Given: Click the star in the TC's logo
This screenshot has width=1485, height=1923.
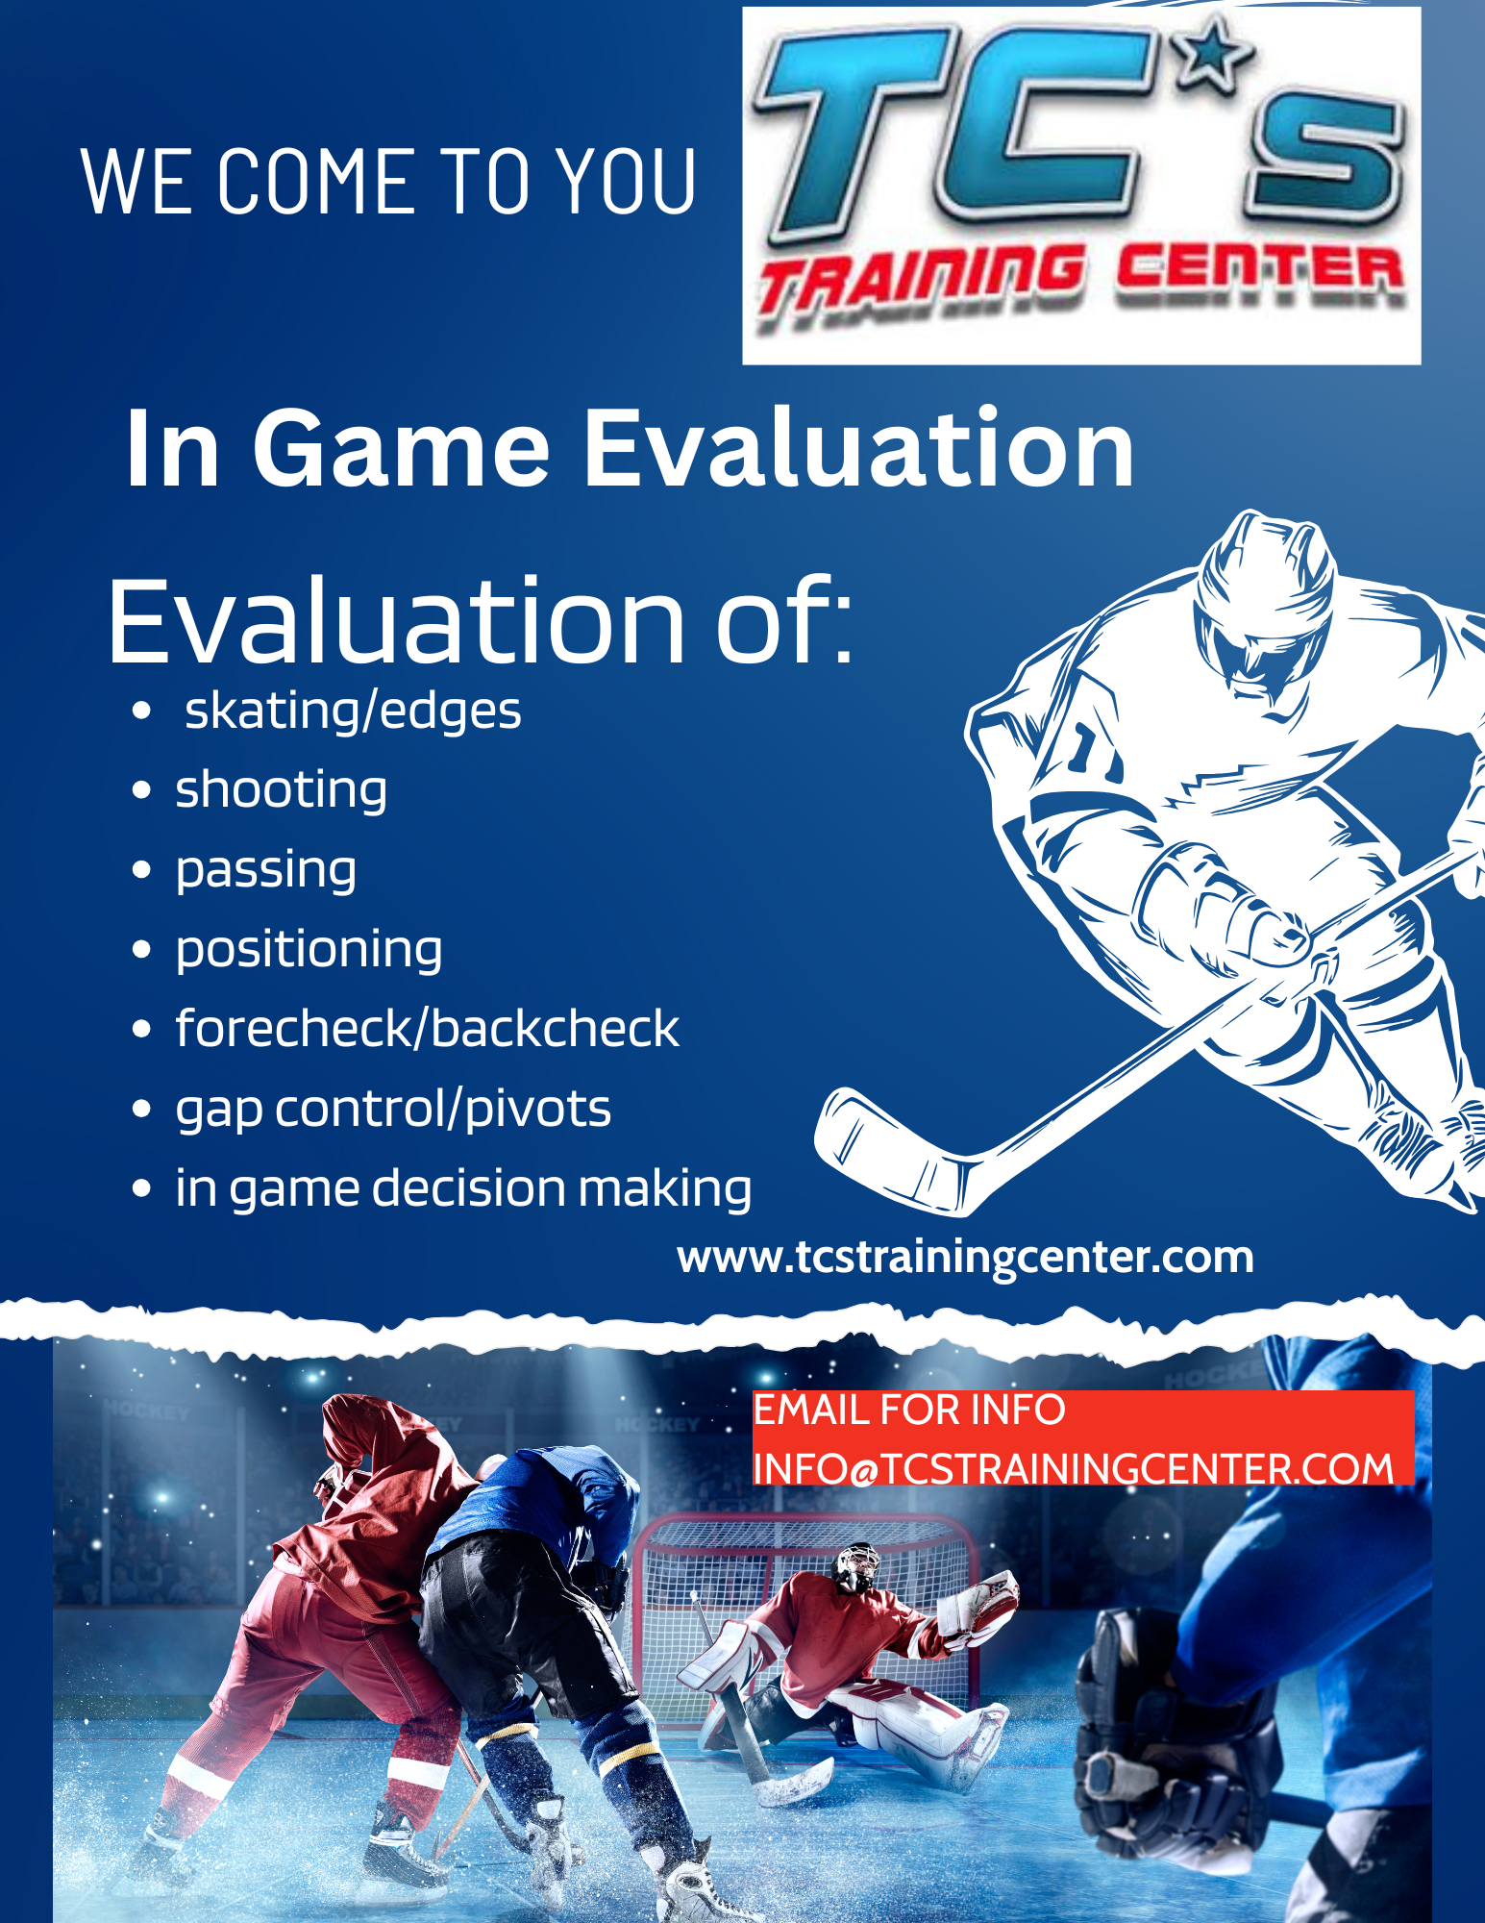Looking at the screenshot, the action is click(1214, 54).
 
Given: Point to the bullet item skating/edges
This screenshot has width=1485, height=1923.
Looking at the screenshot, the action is click(353, 712).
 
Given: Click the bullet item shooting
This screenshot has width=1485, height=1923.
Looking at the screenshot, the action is click(281, 791).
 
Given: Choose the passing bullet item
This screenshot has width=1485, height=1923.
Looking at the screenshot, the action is click(265, 871).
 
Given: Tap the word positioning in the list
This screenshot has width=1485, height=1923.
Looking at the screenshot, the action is click(309, 951).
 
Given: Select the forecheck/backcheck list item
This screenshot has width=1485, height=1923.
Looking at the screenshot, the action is click(427, 1029).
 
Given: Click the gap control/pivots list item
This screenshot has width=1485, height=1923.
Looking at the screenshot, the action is click(393, 1110).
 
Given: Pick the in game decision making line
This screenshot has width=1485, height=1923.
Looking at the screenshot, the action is click(463, 1188).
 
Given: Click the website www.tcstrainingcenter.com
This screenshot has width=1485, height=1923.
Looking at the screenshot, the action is click(965, 1258).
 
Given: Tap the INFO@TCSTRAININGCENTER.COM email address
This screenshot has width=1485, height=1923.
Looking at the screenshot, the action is click(1073, 1468).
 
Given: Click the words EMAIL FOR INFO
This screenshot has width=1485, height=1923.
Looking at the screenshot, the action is click(908, 1410).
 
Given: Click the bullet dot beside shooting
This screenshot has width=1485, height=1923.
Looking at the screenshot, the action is click(141, 791).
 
